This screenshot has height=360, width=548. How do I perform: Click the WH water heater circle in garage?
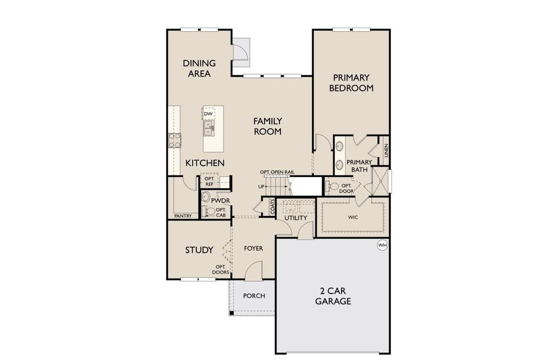[382, 245]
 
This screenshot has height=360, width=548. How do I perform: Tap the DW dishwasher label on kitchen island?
[208, 114]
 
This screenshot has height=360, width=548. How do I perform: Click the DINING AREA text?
[199, 68]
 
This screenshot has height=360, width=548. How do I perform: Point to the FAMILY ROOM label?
[267, 126]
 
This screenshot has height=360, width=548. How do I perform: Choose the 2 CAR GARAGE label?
[333, 296]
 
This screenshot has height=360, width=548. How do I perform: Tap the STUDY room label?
[199, 250]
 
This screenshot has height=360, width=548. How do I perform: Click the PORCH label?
[253, 296]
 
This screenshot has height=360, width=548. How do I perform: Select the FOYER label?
[253, 248]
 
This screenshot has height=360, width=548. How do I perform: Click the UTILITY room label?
[295, 218]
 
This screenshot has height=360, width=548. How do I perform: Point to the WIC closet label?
[352, 217]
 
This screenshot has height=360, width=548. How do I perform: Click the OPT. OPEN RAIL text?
[277, 172]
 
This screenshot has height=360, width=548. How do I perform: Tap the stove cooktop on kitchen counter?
[175, 140]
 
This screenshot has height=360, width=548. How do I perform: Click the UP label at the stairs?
[261, 187]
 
